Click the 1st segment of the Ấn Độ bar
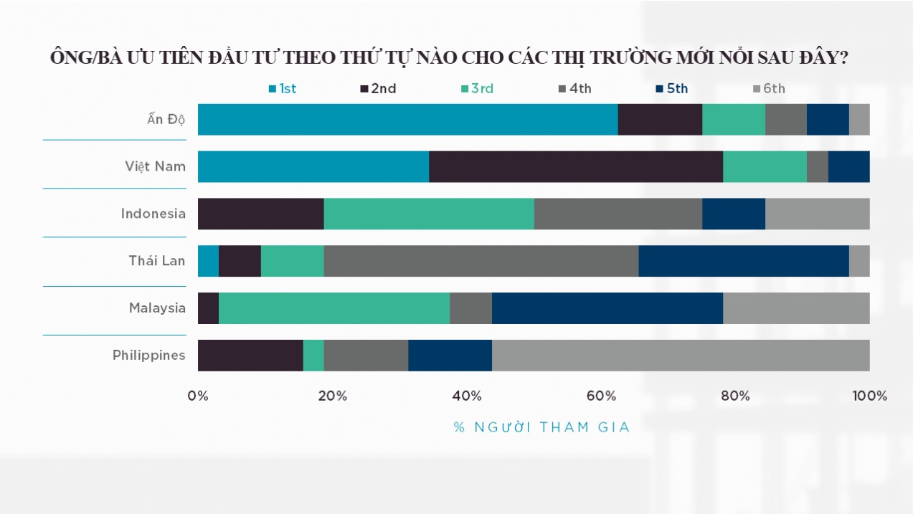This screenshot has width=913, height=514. [407, 119]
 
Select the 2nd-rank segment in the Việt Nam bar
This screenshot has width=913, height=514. [575, 166]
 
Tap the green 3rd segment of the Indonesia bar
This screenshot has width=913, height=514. [428, 214]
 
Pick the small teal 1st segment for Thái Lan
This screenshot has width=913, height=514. [208, 261]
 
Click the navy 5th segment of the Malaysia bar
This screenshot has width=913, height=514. [607, 308]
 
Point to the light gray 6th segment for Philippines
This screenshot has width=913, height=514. [680, 356]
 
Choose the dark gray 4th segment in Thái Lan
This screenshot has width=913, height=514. [481, 261]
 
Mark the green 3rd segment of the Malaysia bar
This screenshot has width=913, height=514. [333, 308]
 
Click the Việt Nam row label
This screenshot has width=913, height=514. [155, 166]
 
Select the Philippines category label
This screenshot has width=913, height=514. [148, 356]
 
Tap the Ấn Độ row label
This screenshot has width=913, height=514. [166, 119]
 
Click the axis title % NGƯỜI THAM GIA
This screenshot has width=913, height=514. [541, 427]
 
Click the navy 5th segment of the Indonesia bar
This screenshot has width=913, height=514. [733, 214]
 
